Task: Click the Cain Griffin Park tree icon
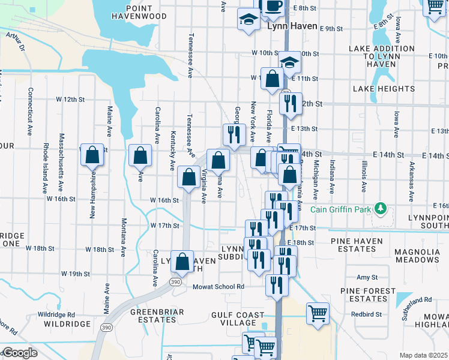click(379, 209)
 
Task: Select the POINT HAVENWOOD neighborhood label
click(146, 12)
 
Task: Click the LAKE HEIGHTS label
click(384, 89)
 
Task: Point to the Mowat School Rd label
click(218, 287)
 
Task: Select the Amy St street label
click(367, 277)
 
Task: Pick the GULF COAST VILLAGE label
click(238, 319)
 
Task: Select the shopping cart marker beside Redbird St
click(317, 313)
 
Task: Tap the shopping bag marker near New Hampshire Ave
click(93, 155)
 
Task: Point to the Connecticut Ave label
click(29, 112)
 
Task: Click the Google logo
click(19, 353)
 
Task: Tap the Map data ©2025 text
click(423, 355)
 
